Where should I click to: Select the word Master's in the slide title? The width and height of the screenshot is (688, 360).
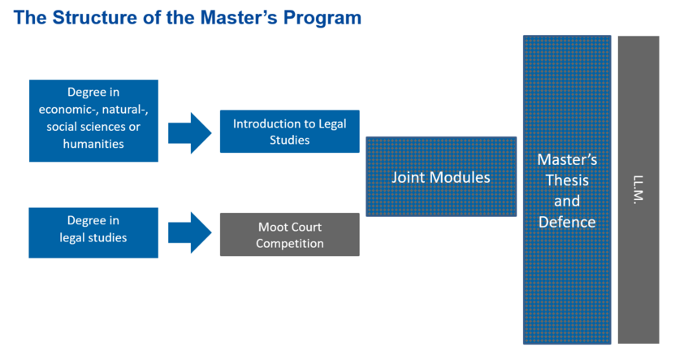(x=239, y=18)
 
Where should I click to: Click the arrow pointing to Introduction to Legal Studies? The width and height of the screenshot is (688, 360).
(x=189, y=133)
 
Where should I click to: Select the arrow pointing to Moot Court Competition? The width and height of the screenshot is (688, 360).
(x=189, y=232)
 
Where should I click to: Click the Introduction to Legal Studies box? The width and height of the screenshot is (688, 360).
(x=290, y=132)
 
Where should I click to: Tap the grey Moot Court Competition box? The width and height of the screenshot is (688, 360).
(x=290, y=234)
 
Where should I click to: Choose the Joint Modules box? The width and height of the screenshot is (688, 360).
(x=441, y=176)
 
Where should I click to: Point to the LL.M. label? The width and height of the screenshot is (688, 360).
(x=638, y=189)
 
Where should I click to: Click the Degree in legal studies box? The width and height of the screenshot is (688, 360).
(x=93, y=232)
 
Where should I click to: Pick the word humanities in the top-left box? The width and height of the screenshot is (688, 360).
(x=93, y=144)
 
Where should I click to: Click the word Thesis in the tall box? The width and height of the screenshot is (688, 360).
(x=567, y=180)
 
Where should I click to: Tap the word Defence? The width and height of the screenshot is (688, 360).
(x=567, y=222)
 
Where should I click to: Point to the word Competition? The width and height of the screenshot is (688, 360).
(x=290, y=244)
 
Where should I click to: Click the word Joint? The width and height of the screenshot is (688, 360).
(x=409, y=177)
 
